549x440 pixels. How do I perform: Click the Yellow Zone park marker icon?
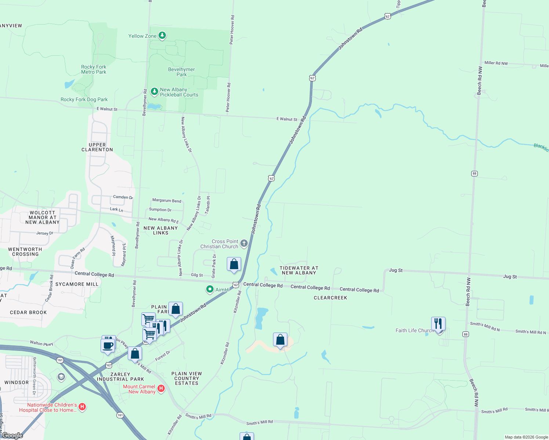pyautogui.click(x=162, y=36)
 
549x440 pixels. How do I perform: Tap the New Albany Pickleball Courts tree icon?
pyautogui.click(x=154, y=91)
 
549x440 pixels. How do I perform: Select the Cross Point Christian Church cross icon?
pyautogui.click(x=244, y=243)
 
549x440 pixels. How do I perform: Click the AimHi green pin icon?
pyautogui.click(x=210, y=289)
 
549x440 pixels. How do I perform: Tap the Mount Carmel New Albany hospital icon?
pyautogui.click(x=161, y=388)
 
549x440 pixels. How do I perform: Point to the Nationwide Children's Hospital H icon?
pyautogui.click(x=82, y=407)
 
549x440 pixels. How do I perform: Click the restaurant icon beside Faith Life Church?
pyautogui.click(x=438, y=324)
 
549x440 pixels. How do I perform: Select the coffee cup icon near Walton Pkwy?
pyautogui.click(x=108, y=346)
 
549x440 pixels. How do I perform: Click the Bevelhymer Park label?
pyautogui.click(x=181, y=72)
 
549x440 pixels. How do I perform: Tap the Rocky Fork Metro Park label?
pyautogui.click(x=94, y=69)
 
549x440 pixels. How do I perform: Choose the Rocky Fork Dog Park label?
pyautogui.click(x=84, y=99)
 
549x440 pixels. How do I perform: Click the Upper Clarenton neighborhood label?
pyautogui.click(x=97, y=147)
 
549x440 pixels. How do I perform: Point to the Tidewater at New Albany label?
pyautogui.click(x=299, y=270)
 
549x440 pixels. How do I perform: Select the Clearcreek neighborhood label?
pyautogui.click(x=330, y=298)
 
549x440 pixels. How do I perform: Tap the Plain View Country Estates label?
pyautogui.click(x=186, y=378)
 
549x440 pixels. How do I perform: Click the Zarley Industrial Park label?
pyautogui.click(x=120, y=377)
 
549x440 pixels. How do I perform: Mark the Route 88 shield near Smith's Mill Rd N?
pyautogui.click(x=466, y=334)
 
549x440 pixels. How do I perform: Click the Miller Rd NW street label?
pyautogui.click(x=496, y=63)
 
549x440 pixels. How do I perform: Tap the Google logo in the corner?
pyautogui.click(x=12, y=436)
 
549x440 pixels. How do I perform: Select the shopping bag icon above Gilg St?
pyautogui.click(x=234, y=264)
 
